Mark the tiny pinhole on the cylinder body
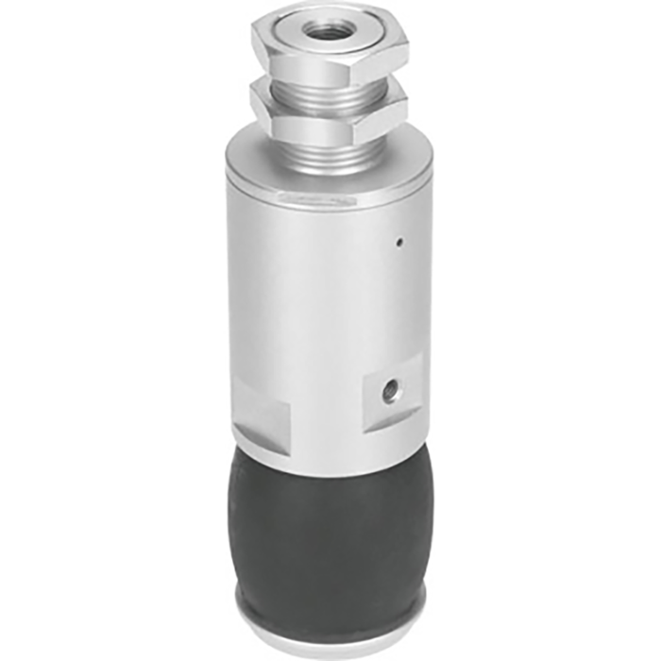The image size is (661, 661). coord(399,243)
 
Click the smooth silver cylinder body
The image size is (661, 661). coord(321,302)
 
